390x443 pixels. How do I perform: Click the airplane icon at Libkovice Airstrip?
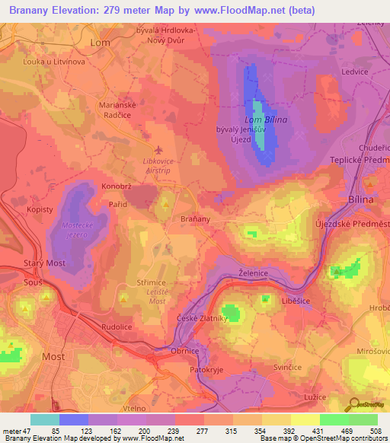[x=158, y=150]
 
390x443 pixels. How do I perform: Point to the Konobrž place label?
[x=115, y=186]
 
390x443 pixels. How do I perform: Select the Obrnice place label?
[x=184, y=351]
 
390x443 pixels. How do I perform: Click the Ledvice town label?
[x=355, y=72]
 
